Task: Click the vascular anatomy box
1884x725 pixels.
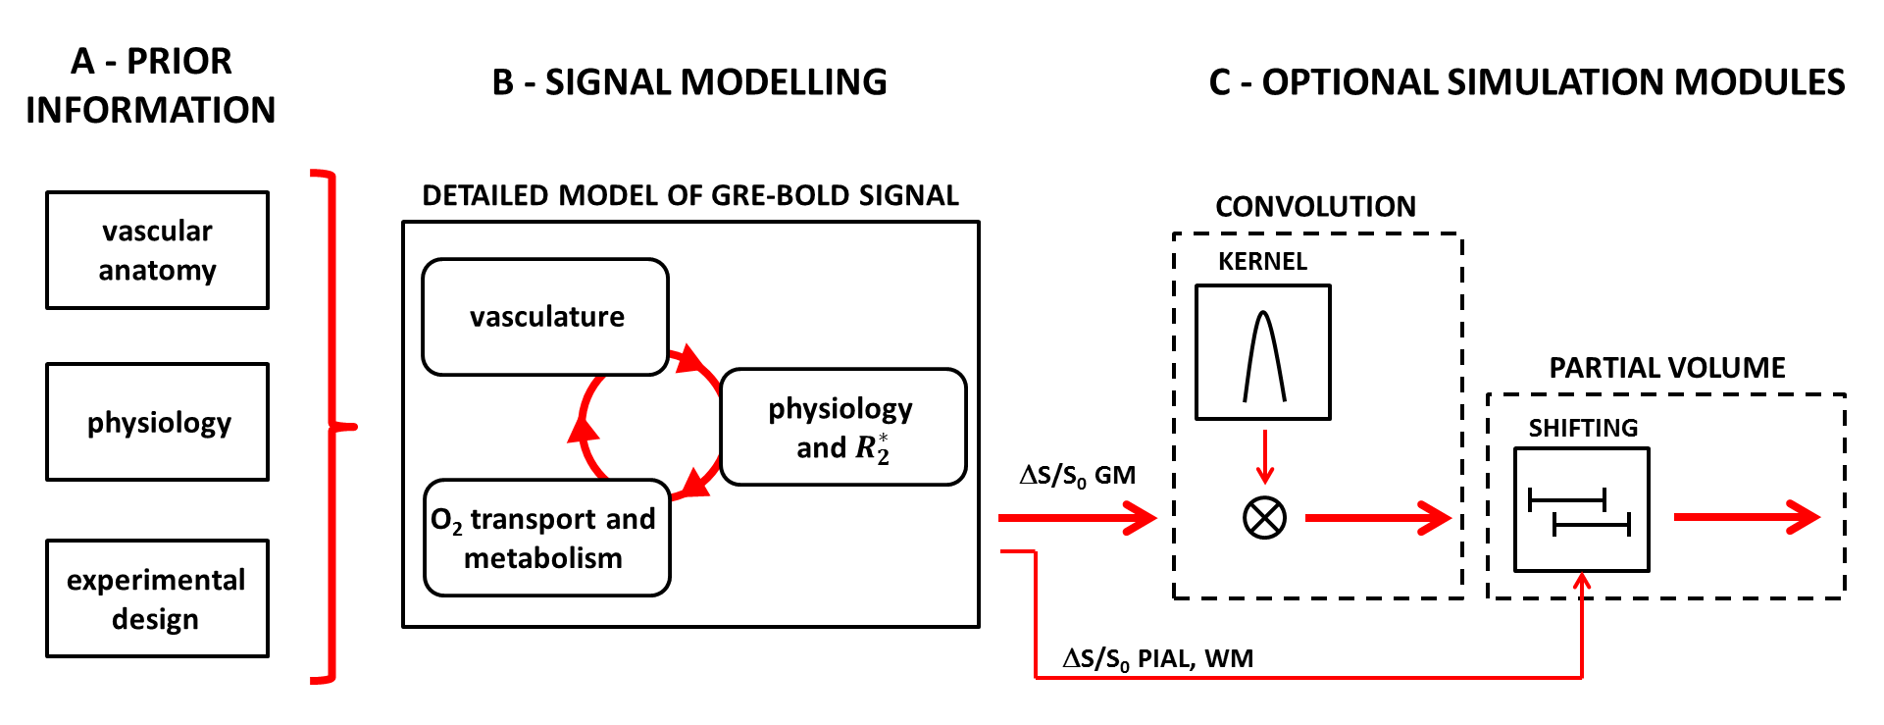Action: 157,250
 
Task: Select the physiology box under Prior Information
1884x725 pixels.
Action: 157,422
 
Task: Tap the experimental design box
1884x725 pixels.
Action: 157,598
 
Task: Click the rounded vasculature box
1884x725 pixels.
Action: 545,317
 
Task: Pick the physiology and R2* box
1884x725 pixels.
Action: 842,427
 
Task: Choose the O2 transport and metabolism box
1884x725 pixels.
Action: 546,538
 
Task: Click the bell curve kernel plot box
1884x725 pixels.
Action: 1263,352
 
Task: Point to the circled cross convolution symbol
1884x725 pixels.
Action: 1264,517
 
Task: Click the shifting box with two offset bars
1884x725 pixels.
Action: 1581,510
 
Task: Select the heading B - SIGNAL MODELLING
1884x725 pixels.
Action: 689,82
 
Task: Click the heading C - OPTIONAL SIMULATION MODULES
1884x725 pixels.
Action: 1526,82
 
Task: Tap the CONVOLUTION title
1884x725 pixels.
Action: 1315,207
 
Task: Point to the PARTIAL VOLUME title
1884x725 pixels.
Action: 1666,368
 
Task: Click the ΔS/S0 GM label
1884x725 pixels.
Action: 1077,476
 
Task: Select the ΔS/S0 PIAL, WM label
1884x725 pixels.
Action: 1157,658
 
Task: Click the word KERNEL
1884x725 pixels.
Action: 1262,262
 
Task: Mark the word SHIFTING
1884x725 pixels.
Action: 1583,429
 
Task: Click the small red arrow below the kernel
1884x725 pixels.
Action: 1265,457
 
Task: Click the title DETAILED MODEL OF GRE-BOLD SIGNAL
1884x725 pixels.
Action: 689,196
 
